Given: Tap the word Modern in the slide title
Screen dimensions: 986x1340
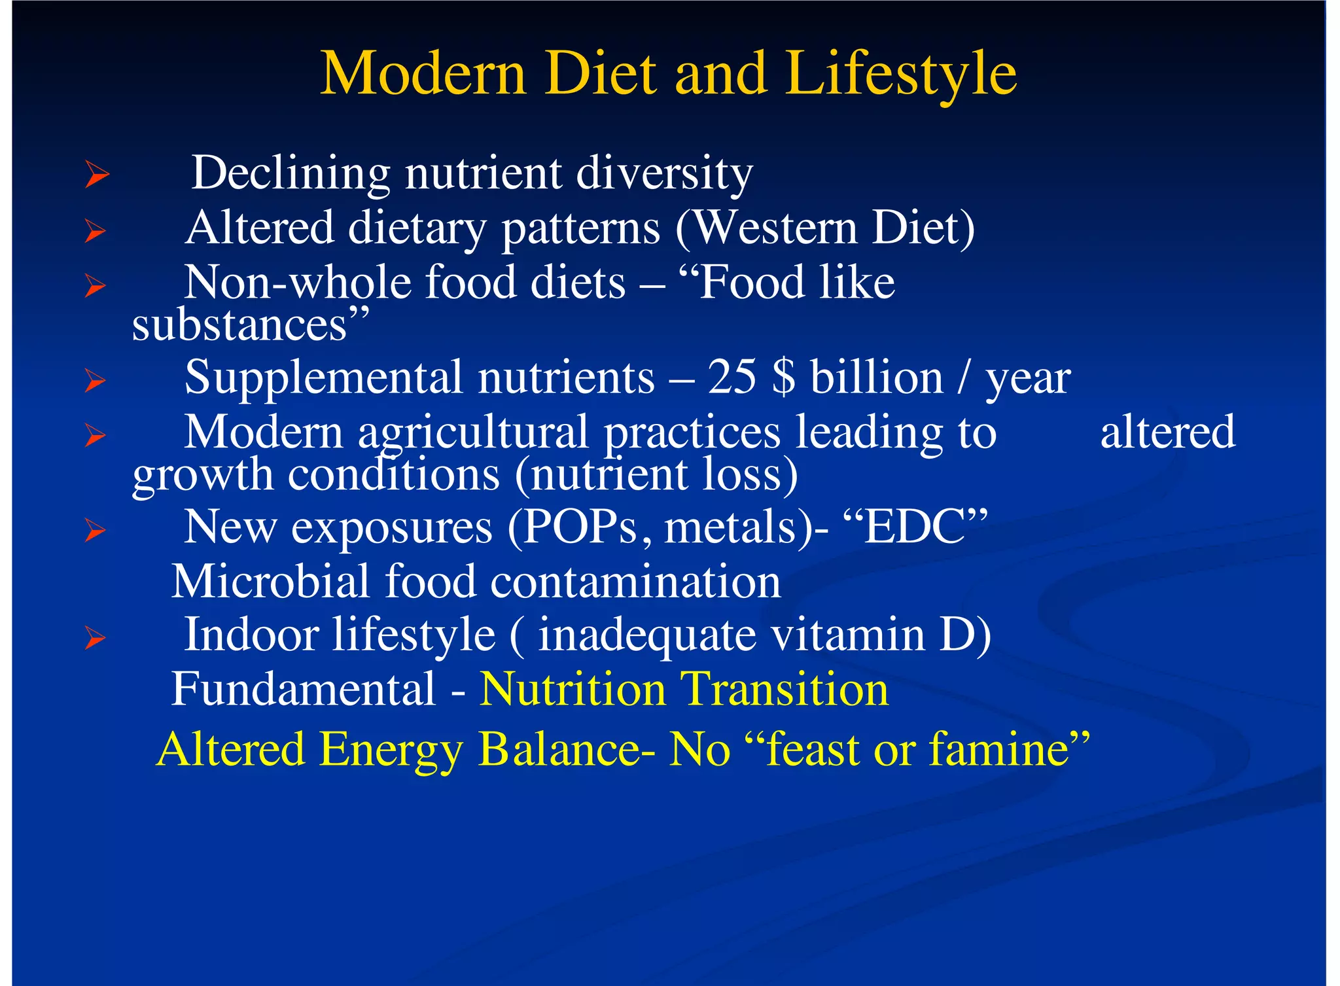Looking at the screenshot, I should coord(423,73).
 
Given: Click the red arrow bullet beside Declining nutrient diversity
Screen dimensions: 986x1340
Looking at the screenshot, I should coord(96,175).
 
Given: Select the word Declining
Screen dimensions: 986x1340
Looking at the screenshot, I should coord(291,173).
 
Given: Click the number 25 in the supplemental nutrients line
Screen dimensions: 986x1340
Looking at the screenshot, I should coord(732,378).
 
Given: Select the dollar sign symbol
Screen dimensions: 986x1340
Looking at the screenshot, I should coord(784,378).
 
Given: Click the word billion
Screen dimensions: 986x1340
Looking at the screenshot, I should coord(877,378).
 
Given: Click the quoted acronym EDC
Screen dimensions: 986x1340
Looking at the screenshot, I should coord(915,527).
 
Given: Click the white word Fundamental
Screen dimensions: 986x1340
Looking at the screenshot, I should coord(304,689).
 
